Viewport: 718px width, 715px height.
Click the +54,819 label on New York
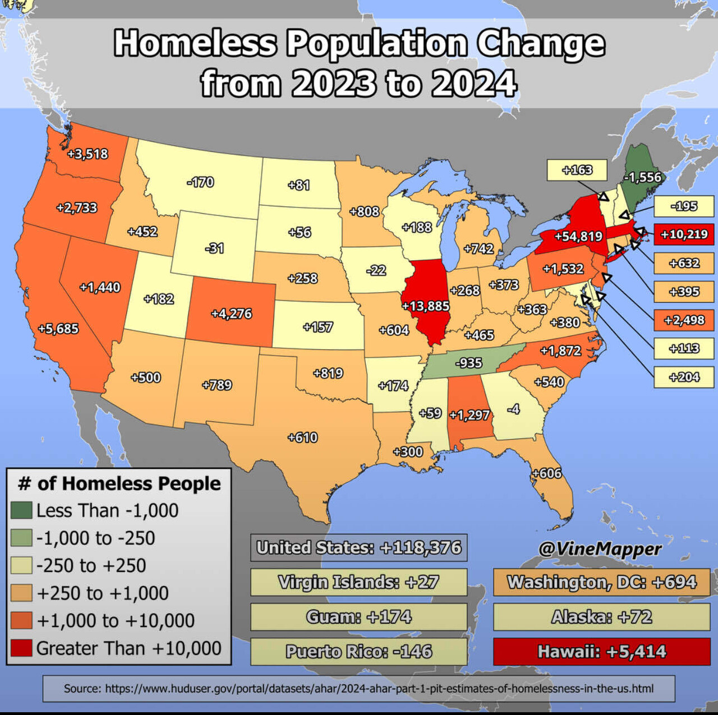[578, 236]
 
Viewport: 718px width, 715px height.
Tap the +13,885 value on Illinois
[426, 306]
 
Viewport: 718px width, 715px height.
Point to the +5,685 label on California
[58, 329]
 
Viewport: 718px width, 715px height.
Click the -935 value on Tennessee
[468, 363]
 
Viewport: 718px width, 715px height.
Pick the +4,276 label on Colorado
[231, 313]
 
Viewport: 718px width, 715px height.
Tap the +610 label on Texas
[302, 437]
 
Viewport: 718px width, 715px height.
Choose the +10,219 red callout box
[684, 234]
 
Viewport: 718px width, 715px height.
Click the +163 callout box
[577, 170]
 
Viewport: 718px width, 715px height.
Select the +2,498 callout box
[684, 320]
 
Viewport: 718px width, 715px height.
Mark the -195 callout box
[684, 206]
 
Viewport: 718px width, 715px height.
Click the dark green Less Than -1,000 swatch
[21, 510]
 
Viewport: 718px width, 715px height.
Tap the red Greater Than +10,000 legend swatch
[21, 648]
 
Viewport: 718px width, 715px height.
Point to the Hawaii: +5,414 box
[601, 652]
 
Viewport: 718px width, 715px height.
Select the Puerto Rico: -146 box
[358, 652]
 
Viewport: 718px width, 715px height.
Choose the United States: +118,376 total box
[358, 547]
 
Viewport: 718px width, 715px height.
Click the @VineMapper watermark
[600, 549]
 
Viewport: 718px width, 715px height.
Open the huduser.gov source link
[358, 688]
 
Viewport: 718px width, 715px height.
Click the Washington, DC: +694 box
[601, 582]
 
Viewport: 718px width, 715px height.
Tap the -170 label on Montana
[200, 182]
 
